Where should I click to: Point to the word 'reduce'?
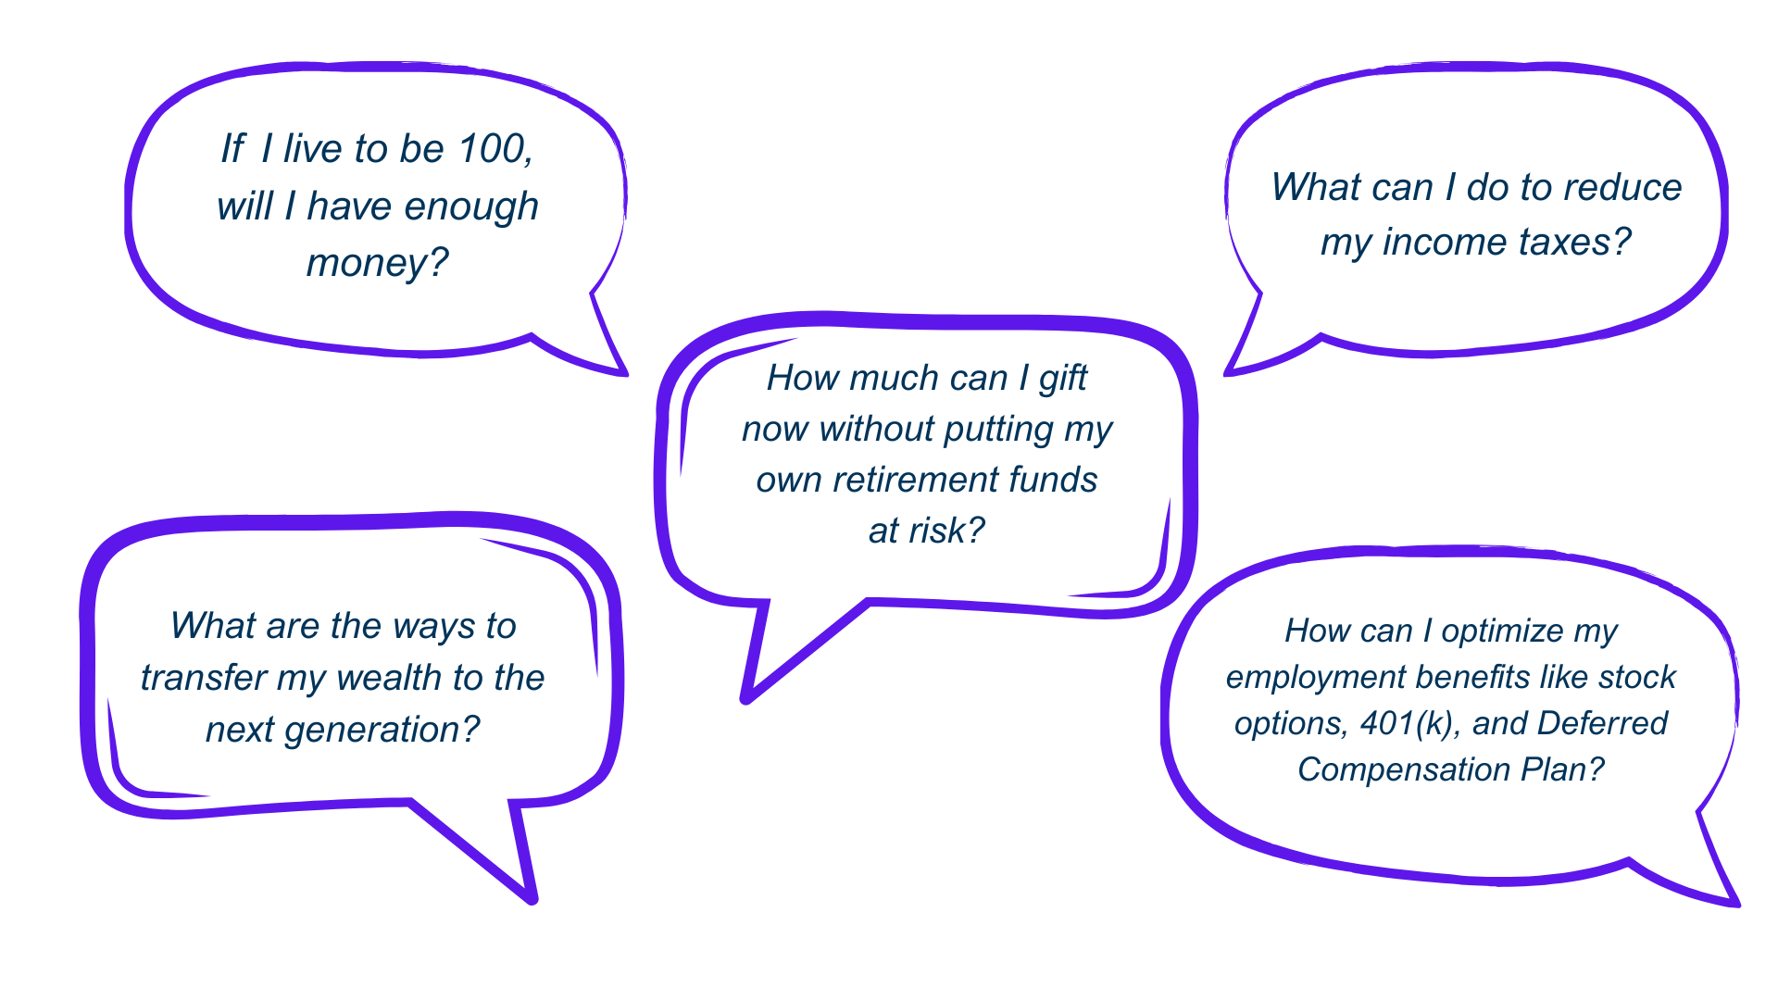pyautogui.click(x=1621, y=187)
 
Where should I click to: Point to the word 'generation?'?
pyautogui.click(x=382, y=731)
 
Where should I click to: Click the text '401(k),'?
pyautogui.click(x=1412, y=723)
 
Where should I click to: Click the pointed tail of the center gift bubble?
pyautogui.click(x=746, y=697)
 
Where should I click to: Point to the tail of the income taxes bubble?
pyautogui.click(x=1230, y=372)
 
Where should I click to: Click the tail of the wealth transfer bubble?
pyautogui.click(x=532, y=897)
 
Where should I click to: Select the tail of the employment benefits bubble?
pyautogui.click(x=1735, y=903)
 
